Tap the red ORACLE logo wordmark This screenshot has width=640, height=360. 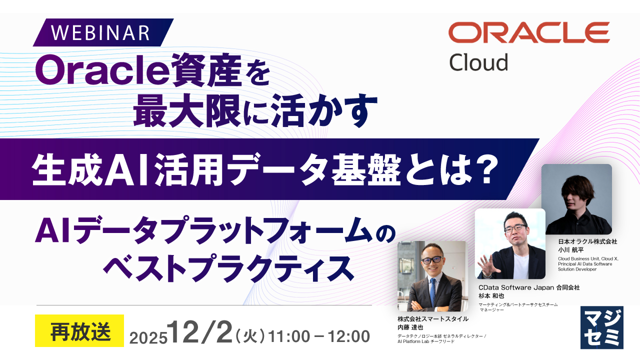pyautogui.click(x=529, y=32)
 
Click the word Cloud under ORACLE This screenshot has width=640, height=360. pyautogui.click(x=478, y=62)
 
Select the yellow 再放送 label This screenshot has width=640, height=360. pyautogui.click(x=79, y=331)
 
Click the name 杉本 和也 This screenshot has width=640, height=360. pyautogui.click(x=491, y=295)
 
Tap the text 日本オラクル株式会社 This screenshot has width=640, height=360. pyautogui.click(x=587, y=241)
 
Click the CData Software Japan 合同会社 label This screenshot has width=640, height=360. pyautogui.click(x=528, y=287)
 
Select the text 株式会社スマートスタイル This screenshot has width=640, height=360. pyautogui.click(x=433, y=319)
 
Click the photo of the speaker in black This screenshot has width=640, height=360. pyautogui.click(x=576, y=199)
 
